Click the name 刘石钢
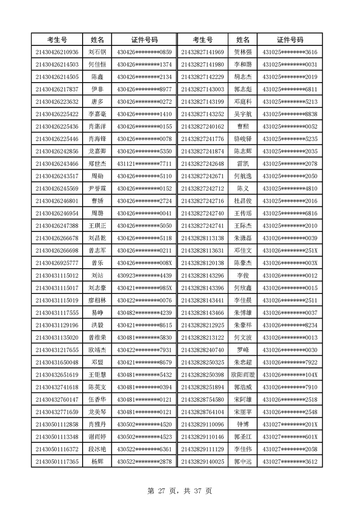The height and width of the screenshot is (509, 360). click(97, 52)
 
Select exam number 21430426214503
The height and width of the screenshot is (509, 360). click(57, 64)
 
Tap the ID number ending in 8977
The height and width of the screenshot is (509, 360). click(144, 89)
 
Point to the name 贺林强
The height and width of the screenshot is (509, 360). click(242, 52)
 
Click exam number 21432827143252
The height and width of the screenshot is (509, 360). click(202, 114)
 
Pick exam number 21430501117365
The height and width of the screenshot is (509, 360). click(57, 462)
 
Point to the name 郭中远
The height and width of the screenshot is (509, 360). click(242, 462)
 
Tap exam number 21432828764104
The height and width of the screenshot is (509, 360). click(202, 412)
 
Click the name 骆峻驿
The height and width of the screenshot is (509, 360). click(242, 139)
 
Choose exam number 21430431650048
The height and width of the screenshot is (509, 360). click(57, 362)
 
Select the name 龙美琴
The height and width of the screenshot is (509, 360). click(97, 412)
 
